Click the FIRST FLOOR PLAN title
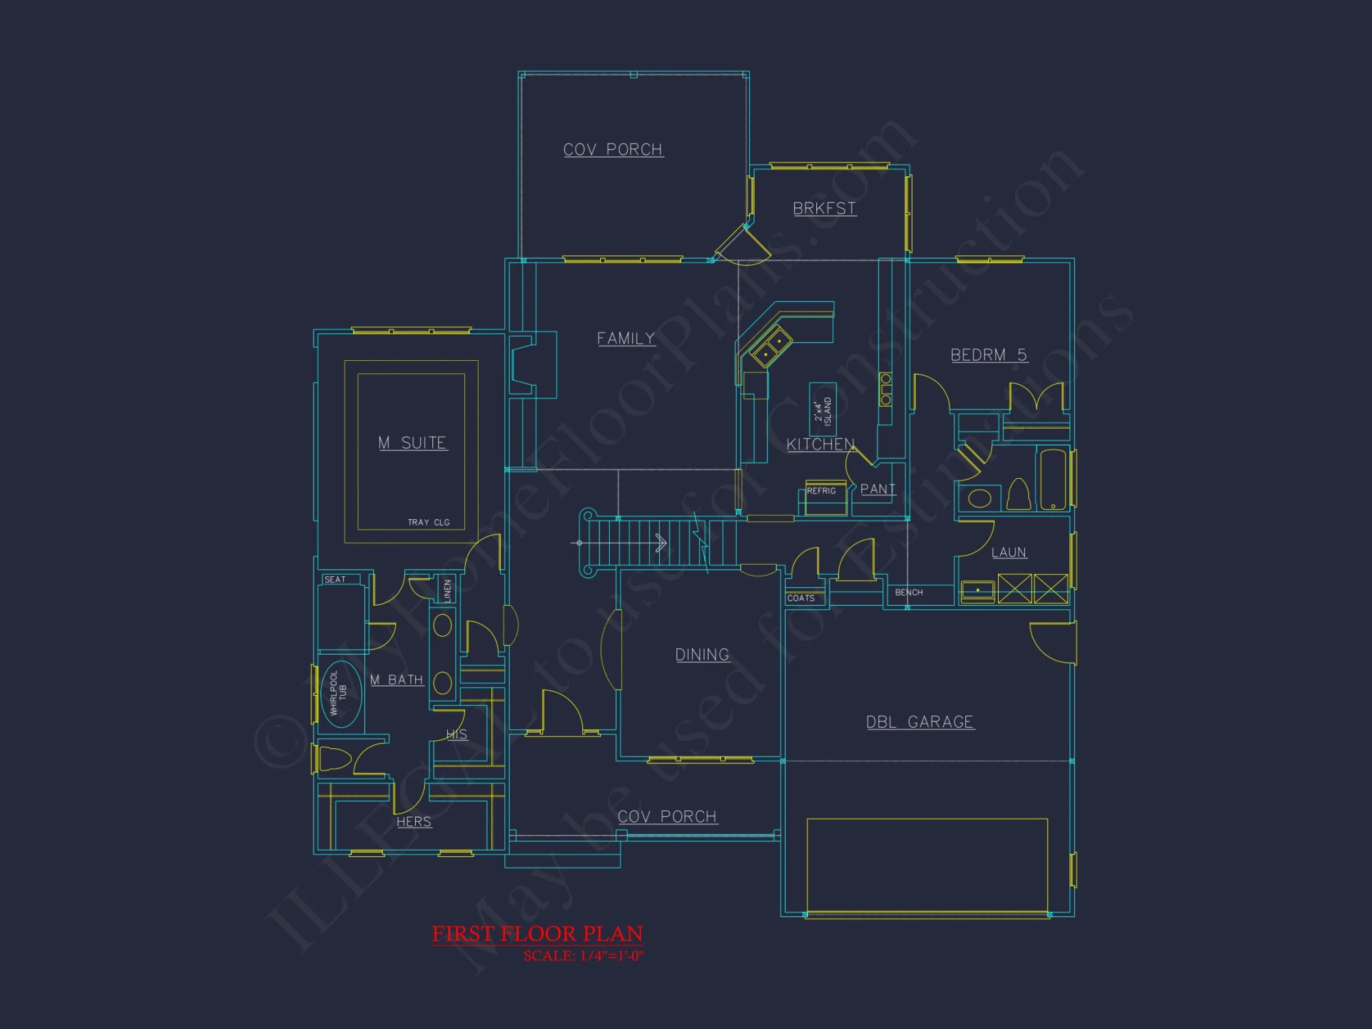tap(537, 934)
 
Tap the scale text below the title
tap(583, 956)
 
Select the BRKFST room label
tap(824, 209)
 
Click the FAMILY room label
tap(626, 338)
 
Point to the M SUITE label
tap(412, 443)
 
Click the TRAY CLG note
tap(429, 523)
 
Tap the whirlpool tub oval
tap(340, 694)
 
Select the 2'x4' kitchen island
tap(823, 410)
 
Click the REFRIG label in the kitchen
tap(821, 491)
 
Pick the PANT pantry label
tap(877, 489)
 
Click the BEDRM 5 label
tap(988, 355)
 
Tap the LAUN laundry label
tap(1008, 552)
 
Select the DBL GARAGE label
tap(919, 722)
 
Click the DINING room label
tap(702, 654)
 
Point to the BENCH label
tap(908, 593)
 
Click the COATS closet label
tap(801, 598)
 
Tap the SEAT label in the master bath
tap(335, 580)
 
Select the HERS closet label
tap(414, 821)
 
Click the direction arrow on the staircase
tap(660, 543)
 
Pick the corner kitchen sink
tap(772, 347)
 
